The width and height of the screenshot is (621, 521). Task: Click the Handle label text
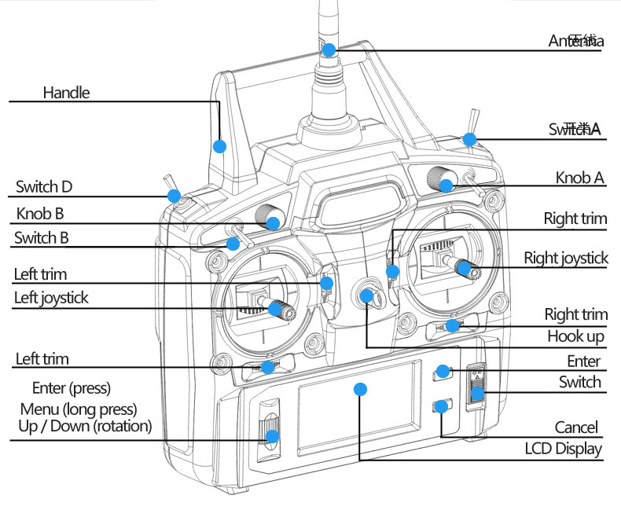point(66,93)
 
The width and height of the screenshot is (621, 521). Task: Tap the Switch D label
point(44,187)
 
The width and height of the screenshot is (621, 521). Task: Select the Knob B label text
point(40,213)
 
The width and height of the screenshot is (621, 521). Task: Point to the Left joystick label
point(51,299)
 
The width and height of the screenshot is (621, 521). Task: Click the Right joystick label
point(566,258)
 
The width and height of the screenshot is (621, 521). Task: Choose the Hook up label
point(576,337)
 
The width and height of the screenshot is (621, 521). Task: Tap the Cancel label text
point(576,427)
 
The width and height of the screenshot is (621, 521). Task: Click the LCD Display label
point(564,449)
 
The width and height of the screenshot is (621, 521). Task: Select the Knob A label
point(580,178)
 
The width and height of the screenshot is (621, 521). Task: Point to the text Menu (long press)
point(79,409)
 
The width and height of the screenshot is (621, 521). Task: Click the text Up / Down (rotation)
point(85,426)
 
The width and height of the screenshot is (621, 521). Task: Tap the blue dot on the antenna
point(329,50)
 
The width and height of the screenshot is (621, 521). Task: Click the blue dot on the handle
point(220,146)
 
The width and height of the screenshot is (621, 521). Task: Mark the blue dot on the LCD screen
point(361,389)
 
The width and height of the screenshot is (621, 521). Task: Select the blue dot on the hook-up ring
point(367,295)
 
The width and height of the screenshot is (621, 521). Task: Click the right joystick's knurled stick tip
point(465,269)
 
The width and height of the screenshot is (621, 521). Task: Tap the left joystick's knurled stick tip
point(277,309)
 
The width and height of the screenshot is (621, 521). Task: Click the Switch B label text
point(42,238)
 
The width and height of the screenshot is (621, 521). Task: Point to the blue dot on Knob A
point(446,185)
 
